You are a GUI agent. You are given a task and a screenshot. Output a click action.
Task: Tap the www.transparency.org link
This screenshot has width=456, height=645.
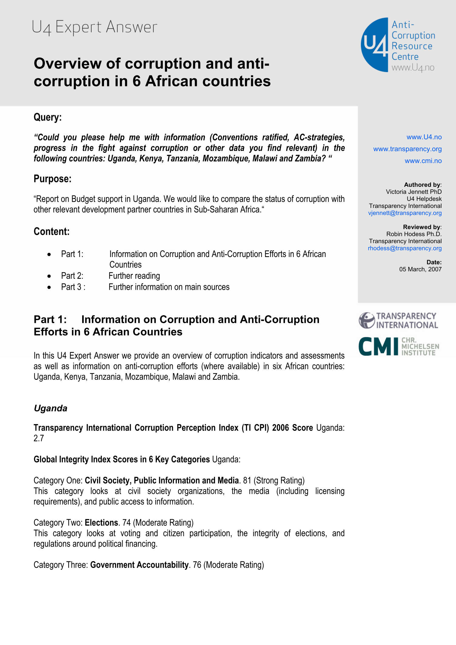(407, 149)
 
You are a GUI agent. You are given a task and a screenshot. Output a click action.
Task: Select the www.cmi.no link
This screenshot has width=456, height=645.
(423, 161)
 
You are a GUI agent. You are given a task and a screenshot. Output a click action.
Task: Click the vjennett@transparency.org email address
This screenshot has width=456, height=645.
(405, 213)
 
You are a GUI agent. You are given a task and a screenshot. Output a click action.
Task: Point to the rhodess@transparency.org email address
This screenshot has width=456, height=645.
(404, 248)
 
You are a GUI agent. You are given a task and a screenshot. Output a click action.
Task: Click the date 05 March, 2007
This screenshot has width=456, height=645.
(420, 269)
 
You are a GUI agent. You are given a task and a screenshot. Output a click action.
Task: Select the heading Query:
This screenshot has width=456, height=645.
(48, 117)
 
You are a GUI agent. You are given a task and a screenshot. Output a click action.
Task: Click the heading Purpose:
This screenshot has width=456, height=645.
(52, 179)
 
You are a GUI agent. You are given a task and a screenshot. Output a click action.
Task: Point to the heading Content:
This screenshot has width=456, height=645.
(52, 232)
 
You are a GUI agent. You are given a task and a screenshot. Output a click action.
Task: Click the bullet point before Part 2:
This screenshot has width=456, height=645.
(49, 276)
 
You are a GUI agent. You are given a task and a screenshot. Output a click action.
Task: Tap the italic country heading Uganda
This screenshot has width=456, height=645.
(51, 408)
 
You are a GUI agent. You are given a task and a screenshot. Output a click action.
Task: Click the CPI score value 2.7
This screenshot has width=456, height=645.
(39, 438)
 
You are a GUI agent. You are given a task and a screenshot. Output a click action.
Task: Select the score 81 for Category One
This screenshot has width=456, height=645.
(247, 480)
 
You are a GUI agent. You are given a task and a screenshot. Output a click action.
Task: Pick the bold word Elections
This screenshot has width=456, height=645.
(101, 523)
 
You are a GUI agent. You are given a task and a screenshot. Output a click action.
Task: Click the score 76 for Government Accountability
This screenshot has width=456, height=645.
(197, 565)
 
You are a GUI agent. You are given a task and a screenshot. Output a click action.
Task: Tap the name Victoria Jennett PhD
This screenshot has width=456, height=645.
(414, 192)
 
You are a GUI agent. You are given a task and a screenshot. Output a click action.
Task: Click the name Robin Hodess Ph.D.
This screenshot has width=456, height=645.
(414, 234)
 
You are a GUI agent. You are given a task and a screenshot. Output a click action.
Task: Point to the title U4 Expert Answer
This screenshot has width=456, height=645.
(95, 27)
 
